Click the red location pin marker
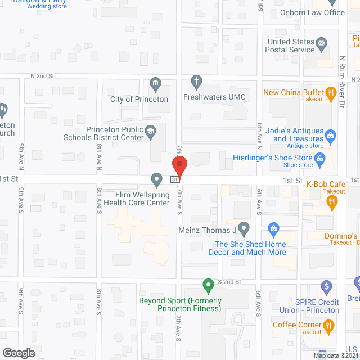point(179,166)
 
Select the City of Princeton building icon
point(155,85)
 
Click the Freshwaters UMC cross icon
point(196,81)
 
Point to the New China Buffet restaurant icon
point(332,92)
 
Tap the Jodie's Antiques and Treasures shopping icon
point(331,135)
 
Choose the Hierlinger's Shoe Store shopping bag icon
point(320,159)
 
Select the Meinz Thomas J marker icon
point(244,229)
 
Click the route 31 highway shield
point(175,179)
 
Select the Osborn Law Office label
point(312,12)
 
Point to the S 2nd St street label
point(229,281)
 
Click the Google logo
point(18,353)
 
